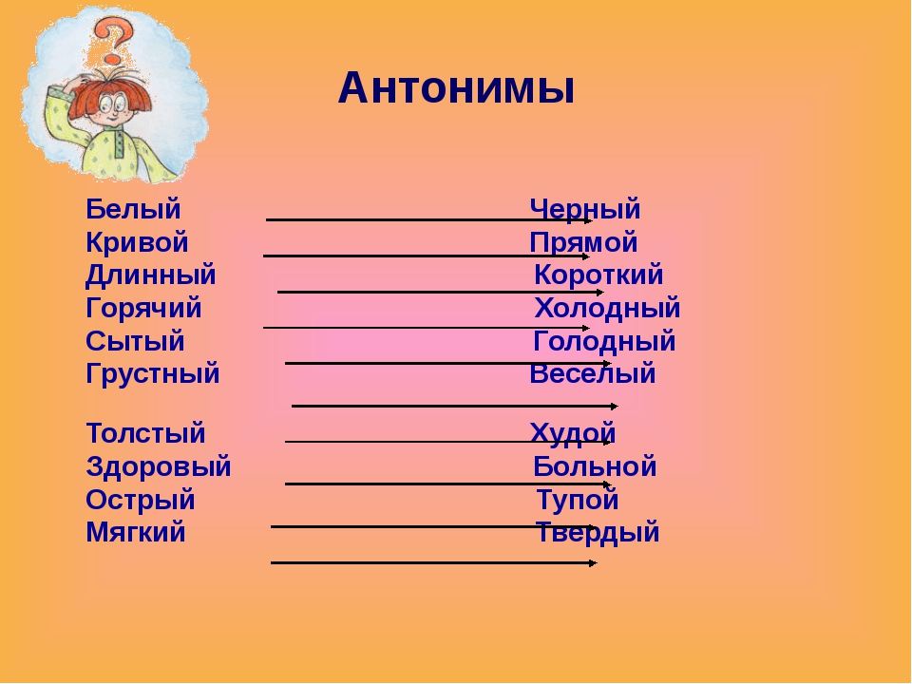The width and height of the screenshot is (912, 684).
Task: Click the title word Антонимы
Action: click(456, 89)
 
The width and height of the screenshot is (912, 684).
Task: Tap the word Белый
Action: click(133, 209)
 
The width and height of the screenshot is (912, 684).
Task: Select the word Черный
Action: click(584, 209)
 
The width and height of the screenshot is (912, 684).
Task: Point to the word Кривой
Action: click(137, 242)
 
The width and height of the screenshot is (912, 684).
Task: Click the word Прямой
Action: click(583, 243)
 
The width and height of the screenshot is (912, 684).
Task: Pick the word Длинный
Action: click(151, 275)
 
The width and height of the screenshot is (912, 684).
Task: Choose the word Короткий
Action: click(598, 275)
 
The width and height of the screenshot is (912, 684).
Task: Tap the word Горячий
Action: click(143, 308)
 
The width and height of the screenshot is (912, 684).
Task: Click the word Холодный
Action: click(607, 308)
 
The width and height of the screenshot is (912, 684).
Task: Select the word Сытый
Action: click(135, 341)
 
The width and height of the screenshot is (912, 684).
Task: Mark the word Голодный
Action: click(604, 341)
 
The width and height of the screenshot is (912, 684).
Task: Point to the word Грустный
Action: click(152, 374)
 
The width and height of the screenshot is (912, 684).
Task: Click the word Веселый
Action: click(592, 373)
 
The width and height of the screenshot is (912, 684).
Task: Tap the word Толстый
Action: click(146, 434)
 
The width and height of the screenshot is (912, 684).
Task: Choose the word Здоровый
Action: click(159, 467)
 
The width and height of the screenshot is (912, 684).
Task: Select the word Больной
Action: click(595, 466)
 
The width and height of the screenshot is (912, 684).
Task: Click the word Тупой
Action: click(577, 501)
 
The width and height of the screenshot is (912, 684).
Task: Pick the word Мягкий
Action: click(136, 533)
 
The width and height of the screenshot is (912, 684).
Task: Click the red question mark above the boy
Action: click(113, 40)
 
